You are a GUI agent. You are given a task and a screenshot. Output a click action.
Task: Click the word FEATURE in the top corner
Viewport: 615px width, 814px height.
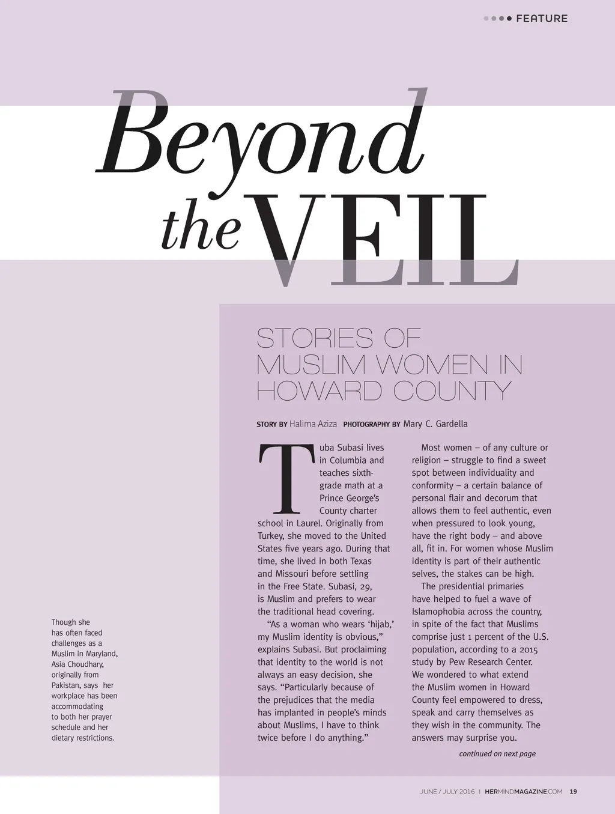[x=541, y=19]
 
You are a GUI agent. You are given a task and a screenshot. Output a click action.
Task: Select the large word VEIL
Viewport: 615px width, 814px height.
[x=384, y=240]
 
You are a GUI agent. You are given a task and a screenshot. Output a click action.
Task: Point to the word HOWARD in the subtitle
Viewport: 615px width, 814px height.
[x=319, y=392]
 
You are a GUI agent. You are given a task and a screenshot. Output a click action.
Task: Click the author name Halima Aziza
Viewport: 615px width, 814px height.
[x=313, y=424]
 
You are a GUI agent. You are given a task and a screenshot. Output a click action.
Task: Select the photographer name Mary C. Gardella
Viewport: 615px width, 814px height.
[x=435, y=424]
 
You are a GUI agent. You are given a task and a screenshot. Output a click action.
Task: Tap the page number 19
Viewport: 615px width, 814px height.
[x=573, y=792]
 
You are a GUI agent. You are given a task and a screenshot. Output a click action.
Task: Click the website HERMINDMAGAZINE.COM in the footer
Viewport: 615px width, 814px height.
[x=523, y=792]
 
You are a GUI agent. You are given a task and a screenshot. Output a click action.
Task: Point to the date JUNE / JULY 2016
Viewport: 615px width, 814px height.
[x=447, y=792]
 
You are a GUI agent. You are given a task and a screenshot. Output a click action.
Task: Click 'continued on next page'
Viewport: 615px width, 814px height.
[x=497, y=754]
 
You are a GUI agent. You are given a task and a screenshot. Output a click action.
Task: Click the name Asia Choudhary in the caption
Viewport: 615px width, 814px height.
[x=77, y=664]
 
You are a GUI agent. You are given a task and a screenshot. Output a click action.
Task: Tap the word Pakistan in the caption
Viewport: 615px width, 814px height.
[x=67, y=685]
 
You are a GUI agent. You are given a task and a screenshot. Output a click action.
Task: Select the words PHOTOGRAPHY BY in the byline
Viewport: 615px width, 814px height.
[x=371, y=425]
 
